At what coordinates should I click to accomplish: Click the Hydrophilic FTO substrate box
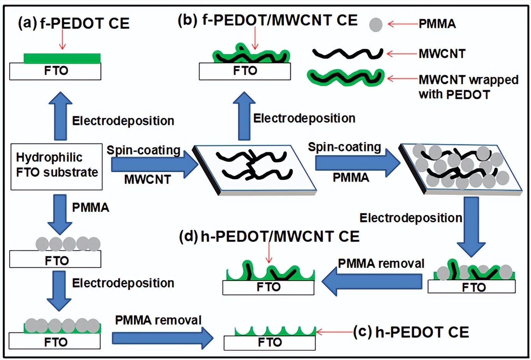[x=56, y=166]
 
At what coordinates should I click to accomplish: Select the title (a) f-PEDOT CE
[x=74, y=23]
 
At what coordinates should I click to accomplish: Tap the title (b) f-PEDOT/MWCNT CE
[x=267, y=20]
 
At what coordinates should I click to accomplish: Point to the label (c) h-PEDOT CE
[x=411, y=332]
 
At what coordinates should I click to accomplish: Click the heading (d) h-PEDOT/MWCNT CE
[x=269, y=236]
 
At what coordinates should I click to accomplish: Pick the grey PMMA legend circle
[x=376, y=24]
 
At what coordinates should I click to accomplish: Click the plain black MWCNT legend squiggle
[x=348, y=54]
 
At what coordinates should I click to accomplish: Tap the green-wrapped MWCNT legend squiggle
[x=346, y=77]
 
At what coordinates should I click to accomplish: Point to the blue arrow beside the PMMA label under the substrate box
[x=60, y=214]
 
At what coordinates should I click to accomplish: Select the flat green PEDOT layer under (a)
[x=62, y=58]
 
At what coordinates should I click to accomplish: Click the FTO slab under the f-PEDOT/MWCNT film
[x=245, y=71]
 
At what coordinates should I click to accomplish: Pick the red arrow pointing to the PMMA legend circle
[x=403, y=24]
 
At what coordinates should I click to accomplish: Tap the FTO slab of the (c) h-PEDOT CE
[x=269, y=343]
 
